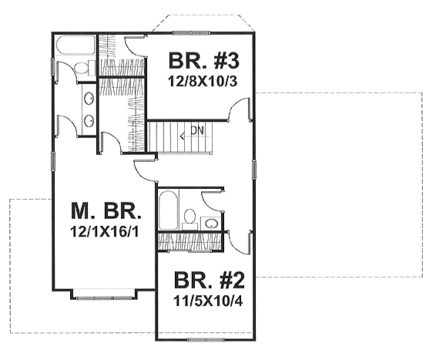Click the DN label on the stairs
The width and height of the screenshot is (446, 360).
[197, 132]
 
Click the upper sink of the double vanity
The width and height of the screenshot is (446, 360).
[89, 98]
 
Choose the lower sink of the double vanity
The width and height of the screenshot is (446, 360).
[89, 121]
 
